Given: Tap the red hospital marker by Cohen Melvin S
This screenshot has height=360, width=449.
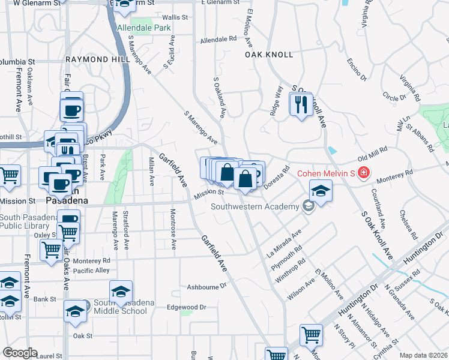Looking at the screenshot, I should [363, 173].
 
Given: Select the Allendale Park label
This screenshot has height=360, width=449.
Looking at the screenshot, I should [144, 28].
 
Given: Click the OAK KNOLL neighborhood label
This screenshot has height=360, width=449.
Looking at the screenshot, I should [269, 55].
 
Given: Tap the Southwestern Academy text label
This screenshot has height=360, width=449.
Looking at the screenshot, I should [255, 207].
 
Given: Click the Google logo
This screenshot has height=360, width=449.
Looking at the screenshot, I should [20, 353].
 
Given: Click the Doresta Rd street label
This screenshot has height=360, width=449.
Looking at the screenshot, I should [277, 178].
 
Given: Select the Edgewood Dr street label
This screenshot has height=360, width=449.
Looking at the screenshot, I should [186, 307].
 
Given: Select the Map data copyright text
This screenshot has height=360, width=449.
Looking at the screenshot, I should [423, 355].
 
